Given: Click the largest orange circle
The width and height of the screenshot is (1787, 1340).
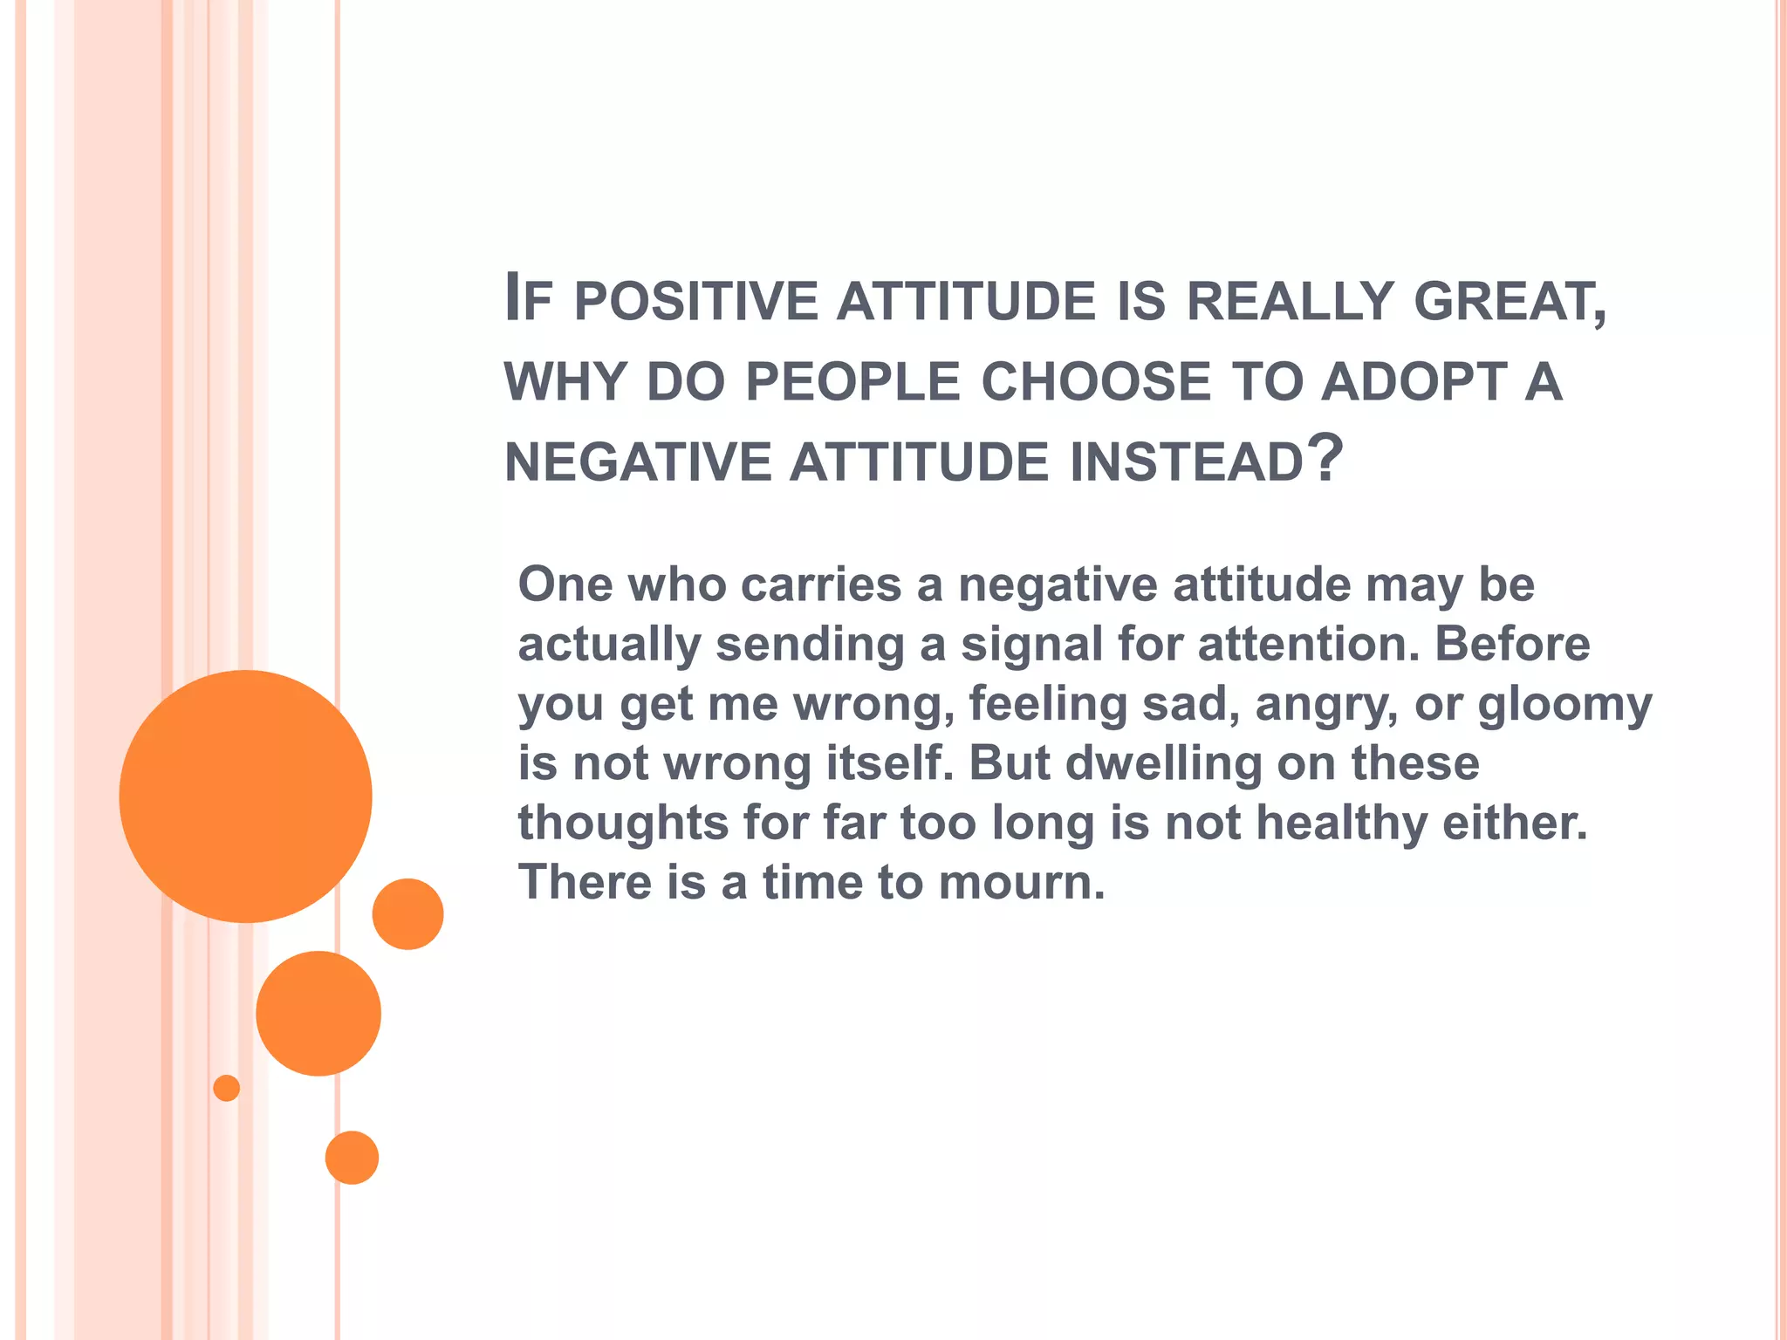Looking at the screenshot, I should [245, 796].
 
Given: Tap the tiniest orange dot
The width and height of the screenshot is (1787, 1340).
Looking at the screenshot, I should [226, 1088].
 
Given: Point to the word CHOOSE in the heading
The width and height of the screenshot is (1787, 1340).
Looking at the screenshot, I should [1096, 382].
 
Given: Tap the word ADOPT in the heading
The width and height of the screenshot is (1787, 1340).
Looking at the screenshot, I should [1414, 382].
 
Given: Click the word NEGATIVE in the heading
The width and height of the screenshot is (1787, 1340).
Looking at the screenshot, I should [638, 461].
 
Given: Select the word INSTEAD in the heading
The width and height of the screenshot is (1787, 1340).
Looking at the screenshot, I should [1187, 461].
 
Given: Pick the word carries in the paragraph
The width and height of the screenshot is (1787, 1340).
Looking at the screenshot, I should [820, 584].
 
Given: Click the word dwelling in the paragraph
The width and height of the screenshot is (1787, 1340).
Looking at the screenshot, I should [1162, 764].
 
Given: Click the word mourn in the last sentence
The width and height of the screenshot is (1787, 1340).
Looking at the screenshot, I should [1021, 882].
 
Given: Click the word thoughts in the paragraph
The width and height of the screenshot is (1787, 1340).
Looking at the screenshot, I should [623, 823].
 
